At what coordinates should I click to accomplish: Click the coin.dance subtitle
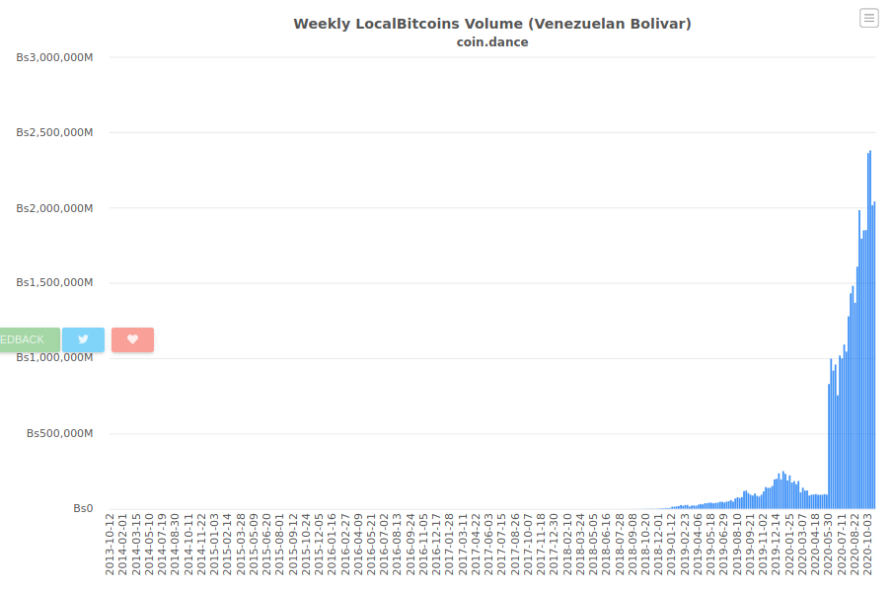coord(492,42)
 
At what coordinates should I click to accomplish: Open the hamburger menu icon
coord(868,18)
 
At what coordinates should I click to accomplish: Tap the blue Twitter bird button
coord(83,339)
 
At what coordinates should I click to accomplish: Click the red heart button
coord(132,339)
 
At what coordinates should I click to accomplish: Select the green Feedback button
coord(30,339)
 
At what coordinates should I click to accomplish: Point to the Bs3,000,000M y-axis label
coord(54,57)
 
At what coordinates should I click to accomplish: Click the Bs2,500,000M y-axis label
coord(54,132)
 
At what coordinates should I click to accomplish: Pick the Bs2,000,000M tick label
coord(54,208)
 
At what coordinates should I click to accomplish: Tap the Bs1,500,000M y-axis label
coord(54,282)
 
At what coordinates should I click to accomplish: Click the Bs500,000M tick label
coord(60,433)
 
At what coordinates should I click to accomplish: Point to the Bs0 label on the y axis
coord(83,508)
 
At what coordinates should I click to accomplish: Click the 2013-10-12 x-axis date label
coord(110,545)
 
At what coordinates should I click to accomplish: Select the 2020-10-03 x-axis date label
coord(868,545)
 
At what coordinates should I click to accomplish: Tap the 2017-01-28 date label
coord(449,545)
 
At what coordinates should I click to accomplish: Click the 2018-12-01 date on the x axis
coord(659,545)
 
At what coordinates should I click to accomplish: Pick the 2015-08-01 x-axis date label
coord(280,545)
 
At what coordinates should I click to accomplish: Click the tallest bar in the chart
coord(870,330)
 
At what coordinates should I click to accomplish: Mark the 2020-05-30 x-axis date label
coord(829,545)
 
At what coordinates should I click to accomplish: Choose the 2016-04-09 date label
coord(358,545)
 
